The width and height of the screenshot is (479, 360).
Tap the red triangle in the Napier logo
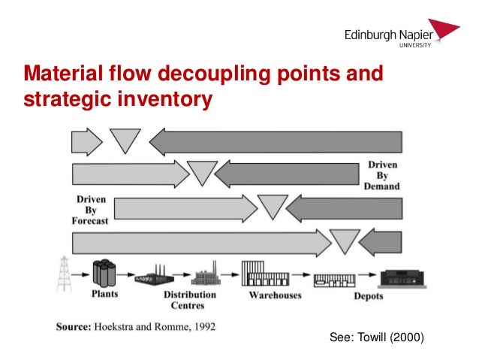(447, 29)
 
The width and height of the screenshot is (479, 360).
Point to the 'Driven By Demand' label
(383, 175)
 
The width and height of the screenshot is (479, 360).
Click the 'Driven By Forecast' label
(91, 210)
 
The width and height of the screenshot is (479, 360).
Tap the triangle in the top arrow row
(125, 140)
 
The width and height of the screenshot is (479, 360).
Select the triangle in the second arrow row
(202, 172)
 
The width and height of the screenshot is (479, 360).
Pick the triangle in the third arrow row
(273, 205)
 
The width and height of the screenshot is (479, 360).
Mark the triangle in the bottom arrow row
(345, 240)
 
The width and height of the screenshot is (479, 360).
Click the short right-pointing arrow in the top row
(86, 141)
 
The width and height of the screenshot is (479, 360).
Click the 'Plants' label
(104, 295)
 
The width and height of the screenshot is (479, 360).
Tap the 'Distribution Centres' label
(190, 300)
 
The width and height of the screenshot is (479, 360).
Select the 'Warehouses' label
(275, 295)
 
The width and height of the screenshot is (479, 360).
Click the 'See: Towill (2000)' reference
(377, 339)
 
